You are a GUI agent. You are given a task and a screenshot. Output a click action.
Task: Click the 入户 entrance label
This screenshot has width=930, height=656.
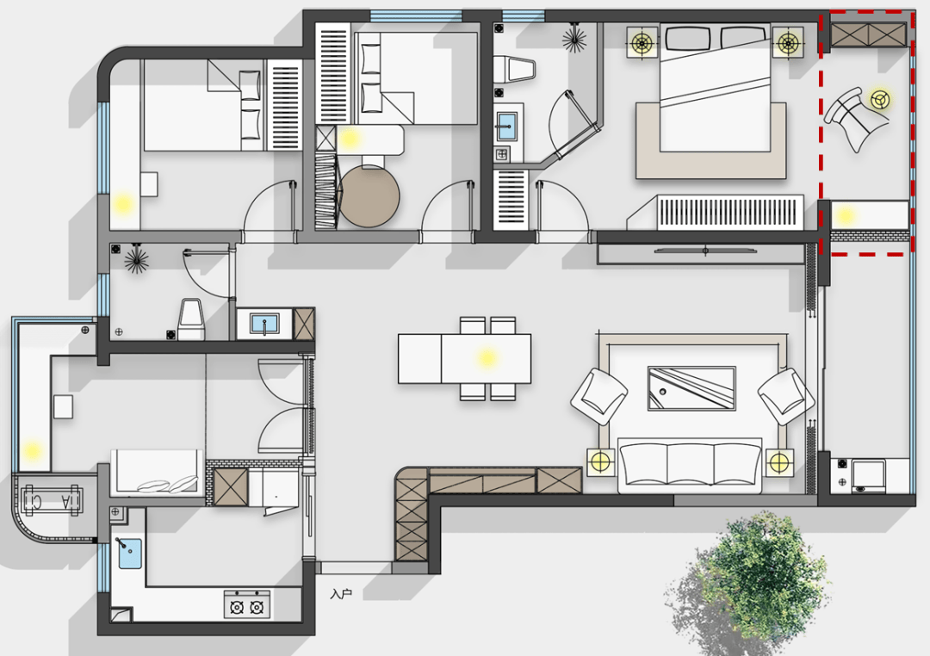point(341,593)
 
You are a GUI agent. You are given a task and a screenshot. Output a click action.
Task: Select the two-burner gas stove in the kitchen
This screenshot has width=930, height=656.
point(247,604)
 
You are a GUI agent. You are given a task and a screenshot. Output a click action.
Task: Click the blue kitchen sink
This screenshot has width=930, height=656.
point(130,554)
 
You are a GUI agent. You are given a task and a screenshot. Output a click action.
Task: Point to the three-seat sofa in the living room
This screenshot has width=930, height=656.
point(690,466)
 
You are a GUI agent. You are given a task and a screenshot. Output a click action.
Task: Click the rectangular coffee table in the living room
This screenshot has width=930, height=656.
point(691,388)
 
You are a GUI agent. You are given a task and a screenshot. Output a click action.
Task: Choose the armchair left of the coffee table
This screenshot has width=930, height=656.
point(599,396)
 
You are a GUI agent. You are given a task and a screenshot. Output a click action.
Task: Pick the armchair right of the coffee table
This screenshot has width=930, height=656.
point(786,396)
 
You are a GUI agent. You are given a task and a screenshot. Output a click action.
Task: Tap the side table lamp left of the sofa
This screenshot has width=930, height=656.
point(601,461)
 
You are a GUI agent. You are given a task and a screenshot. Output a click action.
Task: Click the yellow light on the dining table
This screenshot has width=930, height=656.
point(487,357)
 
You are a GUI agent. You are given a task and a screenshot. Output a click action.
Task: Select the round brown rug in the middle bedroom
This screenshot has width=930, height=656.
point(369,196)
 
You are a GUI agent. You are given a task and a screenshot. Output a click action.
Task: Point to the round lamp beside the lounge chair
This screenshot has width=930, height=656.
point(881,100)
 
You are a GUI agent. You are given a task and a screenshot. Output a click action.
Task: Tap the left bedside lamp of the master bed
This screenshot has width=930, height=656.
point(642,43)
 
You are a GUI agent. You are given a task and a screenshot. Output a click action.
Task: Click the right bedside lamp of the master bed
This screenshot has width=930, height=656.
point(788,43)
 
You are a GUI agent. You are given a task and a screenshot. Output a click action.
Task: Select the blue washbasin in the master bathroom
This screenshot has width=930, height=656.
point(506,126)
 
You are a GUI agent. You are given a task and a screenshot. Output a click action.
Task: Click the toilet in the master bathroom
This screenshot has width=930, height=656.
point(514,69)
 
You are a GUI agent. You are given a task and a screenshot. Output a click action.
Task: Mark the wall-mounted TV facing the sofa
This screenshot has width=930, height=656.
point(706,251)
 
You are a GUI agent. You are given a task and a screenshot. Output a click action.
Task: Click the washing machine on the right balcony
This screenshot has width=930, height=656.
point(868,476)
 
